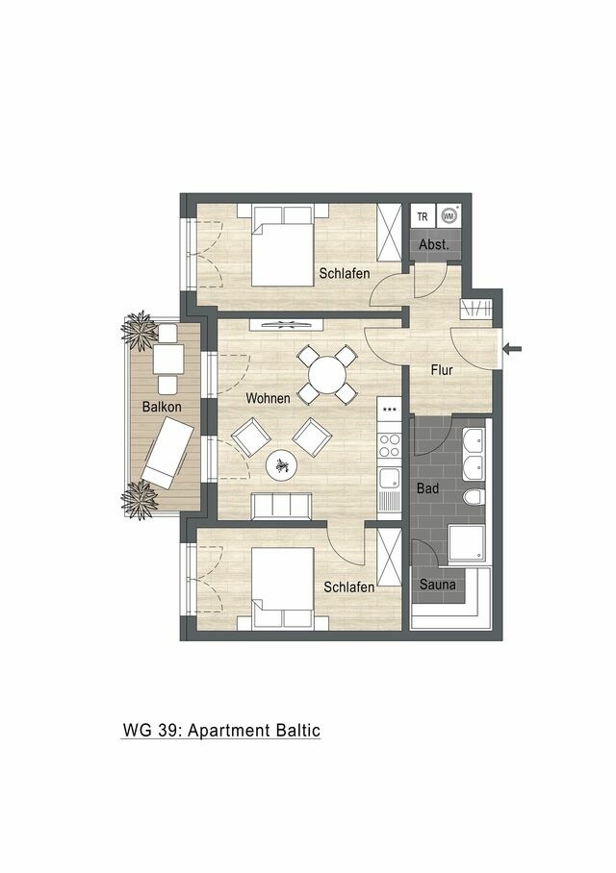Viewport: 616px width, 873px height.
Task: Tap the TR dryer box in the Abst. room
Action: tap(422, 217)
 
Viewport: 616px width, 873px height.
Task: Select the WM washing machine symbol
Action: tap(449, 217)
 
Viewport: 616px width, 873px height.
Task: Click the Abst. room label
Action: tap(434, 245)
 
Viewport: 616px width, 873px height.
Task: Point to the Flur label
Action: tap(443, 369)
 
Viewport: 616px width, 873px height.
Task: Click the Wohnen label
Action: tap(268, 398)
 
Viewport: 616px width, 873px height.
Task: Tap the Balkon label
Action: tap(161, 407)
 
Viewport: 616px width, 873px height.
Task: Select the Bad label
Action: tap(427, 489)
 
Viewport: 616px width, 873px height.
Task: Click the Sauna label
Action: tap(436, 584)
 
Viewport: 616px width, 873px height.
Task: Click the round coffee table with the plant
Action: tap(283, 466)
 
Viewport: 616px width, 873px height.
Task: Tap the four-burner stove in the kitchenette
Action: tap(390, 445)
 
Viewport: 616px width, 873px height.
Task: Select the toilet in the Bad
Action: tap(473, 500)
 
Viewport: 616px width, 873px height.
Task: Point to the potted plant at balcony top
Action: tap(141, 329)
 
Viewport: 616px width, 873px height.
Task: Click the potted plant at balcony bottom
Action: tap(141, 501)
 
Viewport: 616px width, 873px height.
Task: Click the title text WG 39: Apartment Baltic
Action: tap(220, 731)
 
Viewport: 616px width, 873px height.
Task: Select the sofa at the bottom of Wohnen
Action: tap(280, 507)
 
